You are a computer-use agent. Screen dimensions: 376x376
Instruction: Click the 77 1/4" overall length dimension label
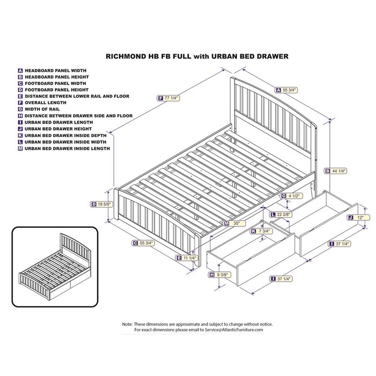[x=169, y=98]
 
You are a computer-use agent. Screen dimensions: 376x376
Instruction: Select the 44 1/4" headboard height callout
[x=336, y=171]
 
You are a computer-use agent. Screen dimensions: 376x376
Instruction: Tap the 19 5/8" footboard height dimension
[x=102, y=204]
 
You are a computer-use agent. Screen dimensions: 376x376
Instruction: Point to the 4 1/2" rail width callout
[x=291, y=196]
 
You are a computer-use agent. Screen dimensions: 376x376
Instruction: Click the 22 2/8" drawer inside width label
[x=281, y=214]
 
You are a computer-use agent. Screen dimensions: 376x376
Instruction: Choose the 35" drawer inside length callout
[x=235, y=224]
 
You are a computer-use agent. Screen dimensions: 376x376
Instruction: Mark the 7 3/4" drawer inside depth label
[x=261, y=231]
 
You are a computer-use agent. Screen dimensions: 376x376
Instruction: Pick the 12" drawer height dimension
[x=357, y=218]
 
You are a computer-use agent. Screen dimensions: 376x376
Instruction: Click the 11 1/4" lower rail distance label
[x=187, y=258]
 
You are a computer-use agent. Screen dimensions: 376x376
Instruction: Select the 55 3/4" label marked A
[x=287, y=90]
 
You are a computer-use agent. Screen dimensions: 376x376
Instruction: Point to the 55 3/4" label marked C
[x=143, y=243]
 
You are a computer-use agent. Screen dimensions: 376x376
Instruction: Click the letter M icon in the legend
[x=20, y=149]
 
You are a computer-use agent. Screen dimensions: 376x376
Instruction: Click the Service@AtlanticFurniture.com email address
[x=234, y=330]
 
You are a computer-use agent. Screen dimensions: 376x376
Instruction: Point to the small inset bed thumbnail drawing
[x=55, y=267]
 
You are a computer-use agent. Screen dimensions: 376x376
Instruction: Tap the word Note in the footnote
[x=127, y=324]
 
